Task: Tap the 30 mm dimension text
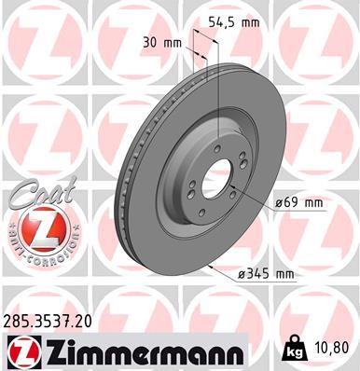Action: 161,42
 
